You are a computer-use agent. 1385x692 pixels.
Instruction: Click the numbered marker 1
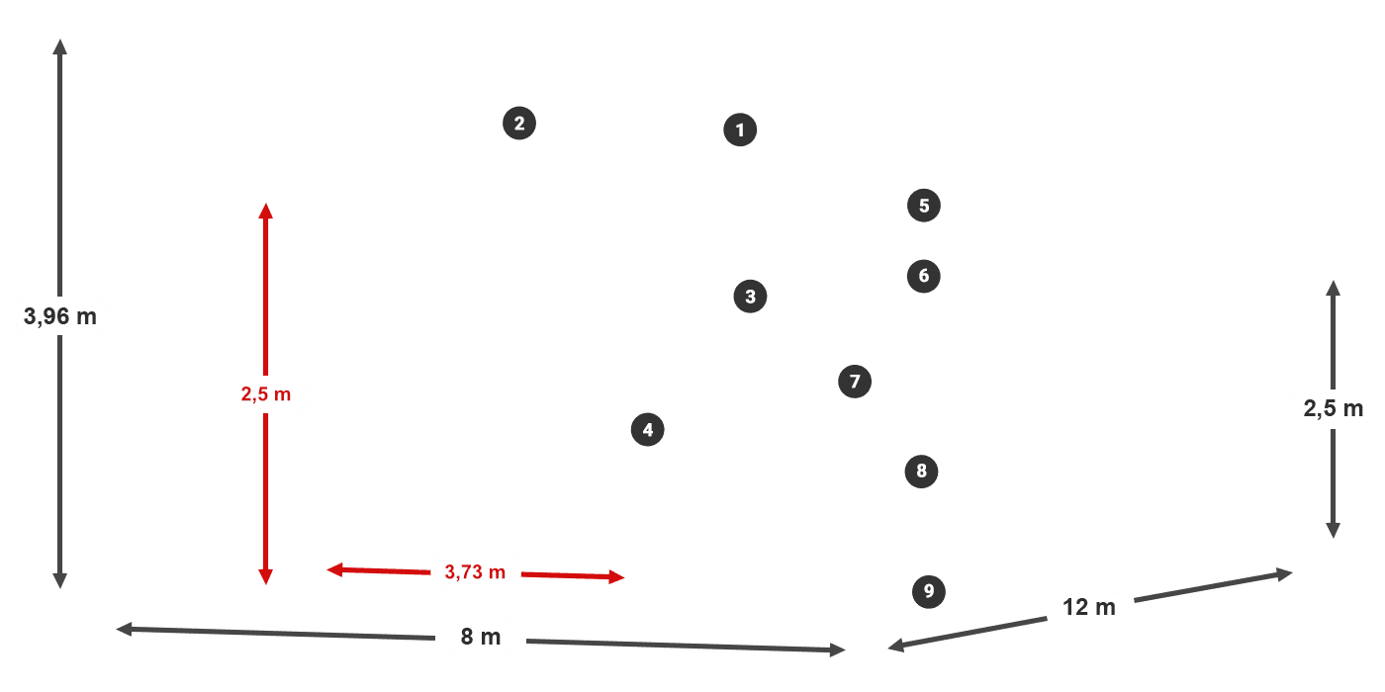point(740,130)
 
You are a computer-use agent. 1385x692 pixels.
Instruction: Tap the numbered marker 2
point(519,124)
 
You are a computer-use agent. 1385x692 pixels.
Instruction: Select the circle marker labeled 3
point(750,296)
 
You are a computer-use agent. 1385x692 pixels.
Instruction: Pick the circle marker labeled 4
point(647,430)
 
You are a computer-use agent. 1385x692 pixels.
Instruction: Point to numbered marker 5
point(923,206)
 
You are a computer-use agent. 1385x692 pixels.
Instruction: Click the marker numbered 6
point(923,276)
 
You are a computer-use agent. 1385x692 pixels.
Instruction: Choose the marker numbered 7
point(855,382)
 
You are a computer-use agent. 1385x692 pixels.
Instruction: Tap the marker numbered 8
point(921,472)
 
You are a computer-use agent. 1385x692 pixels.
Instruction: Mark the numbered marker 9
point(928,592)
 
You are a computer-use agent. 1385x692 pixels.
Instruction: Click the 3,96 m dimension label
point(60,317)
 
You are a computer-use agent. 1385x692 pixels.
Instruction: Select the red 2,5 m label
point(265,394)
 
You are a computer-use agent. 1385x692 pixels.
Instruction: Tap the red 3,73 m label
point(475,571)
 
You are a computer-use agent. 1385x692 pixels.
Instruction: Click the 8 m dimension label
point(481,637)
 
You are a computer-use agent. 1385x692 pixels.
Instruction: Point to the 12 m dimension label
point(1088,607)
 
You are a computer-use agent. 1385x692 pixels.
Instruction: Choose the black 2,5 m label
point(1333,408)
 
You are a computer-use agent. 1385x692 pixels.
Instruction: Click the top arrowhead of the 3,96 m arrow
point(60,44)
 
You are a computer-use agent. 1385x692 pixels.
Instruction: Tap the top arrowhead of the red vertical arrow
point(265,210)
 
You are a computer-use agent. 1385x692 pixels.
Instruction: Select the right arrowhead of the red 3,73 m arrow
point(617,577)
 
